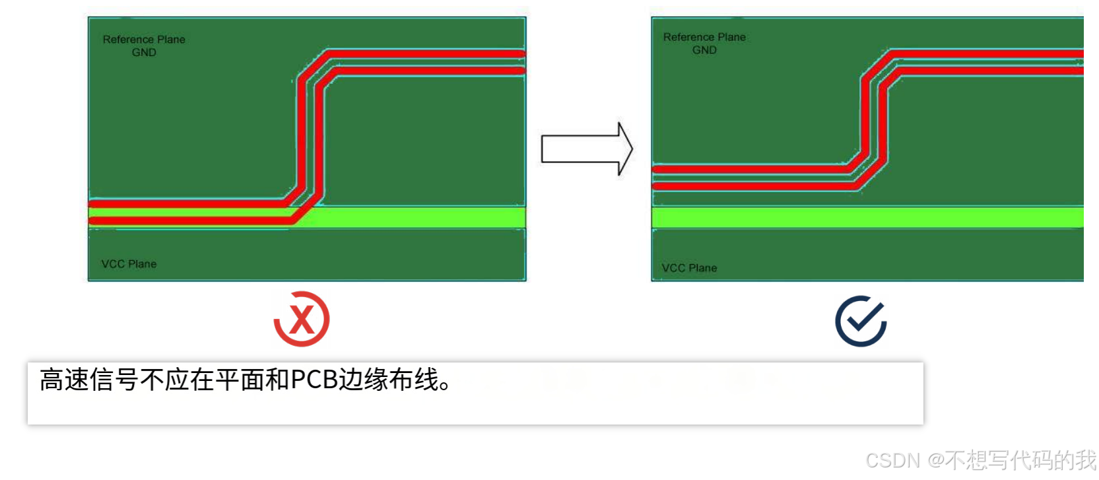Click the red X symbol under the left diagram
point(302,320)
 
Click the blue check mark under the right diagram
point(861,322)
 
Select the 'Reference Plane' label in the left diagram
point(144,40)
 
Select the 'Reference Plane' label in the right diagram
point(704,37)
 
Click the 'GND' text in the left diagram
point(144,53)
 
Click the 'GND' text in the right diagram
point(704,50)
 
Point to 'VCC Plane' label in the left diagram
point(129,264)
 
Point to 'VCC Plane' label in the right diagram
point(689,268)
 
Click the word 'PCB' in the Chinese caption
point(314,380)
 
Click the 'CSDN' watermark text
point(892,460)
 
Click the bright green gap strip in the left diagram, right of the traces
point(422,217)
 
